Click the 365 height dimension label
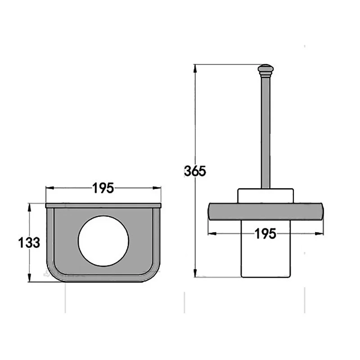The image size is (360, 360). (x=195, y=171)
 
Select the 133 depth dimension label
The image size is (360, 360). (x=29, y=243)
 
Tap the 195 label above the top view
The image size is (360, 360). (x=103, y=188)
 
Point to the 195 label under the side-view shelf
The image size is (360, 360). (x=265, y=234)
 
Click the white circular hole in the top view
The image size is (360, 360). (x=103, y=241)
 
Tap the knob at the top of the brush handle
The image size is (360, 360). (x=265, y=71)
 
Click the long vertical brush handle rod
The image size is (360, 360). (x=265, y=133)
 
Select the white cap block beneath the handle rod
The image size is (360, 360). (x=265, y=196)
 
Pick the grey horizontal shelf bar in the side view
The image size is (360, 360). (x=265, y=211)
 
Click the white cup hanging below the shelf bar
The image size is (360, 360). (x=265, y=249)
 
